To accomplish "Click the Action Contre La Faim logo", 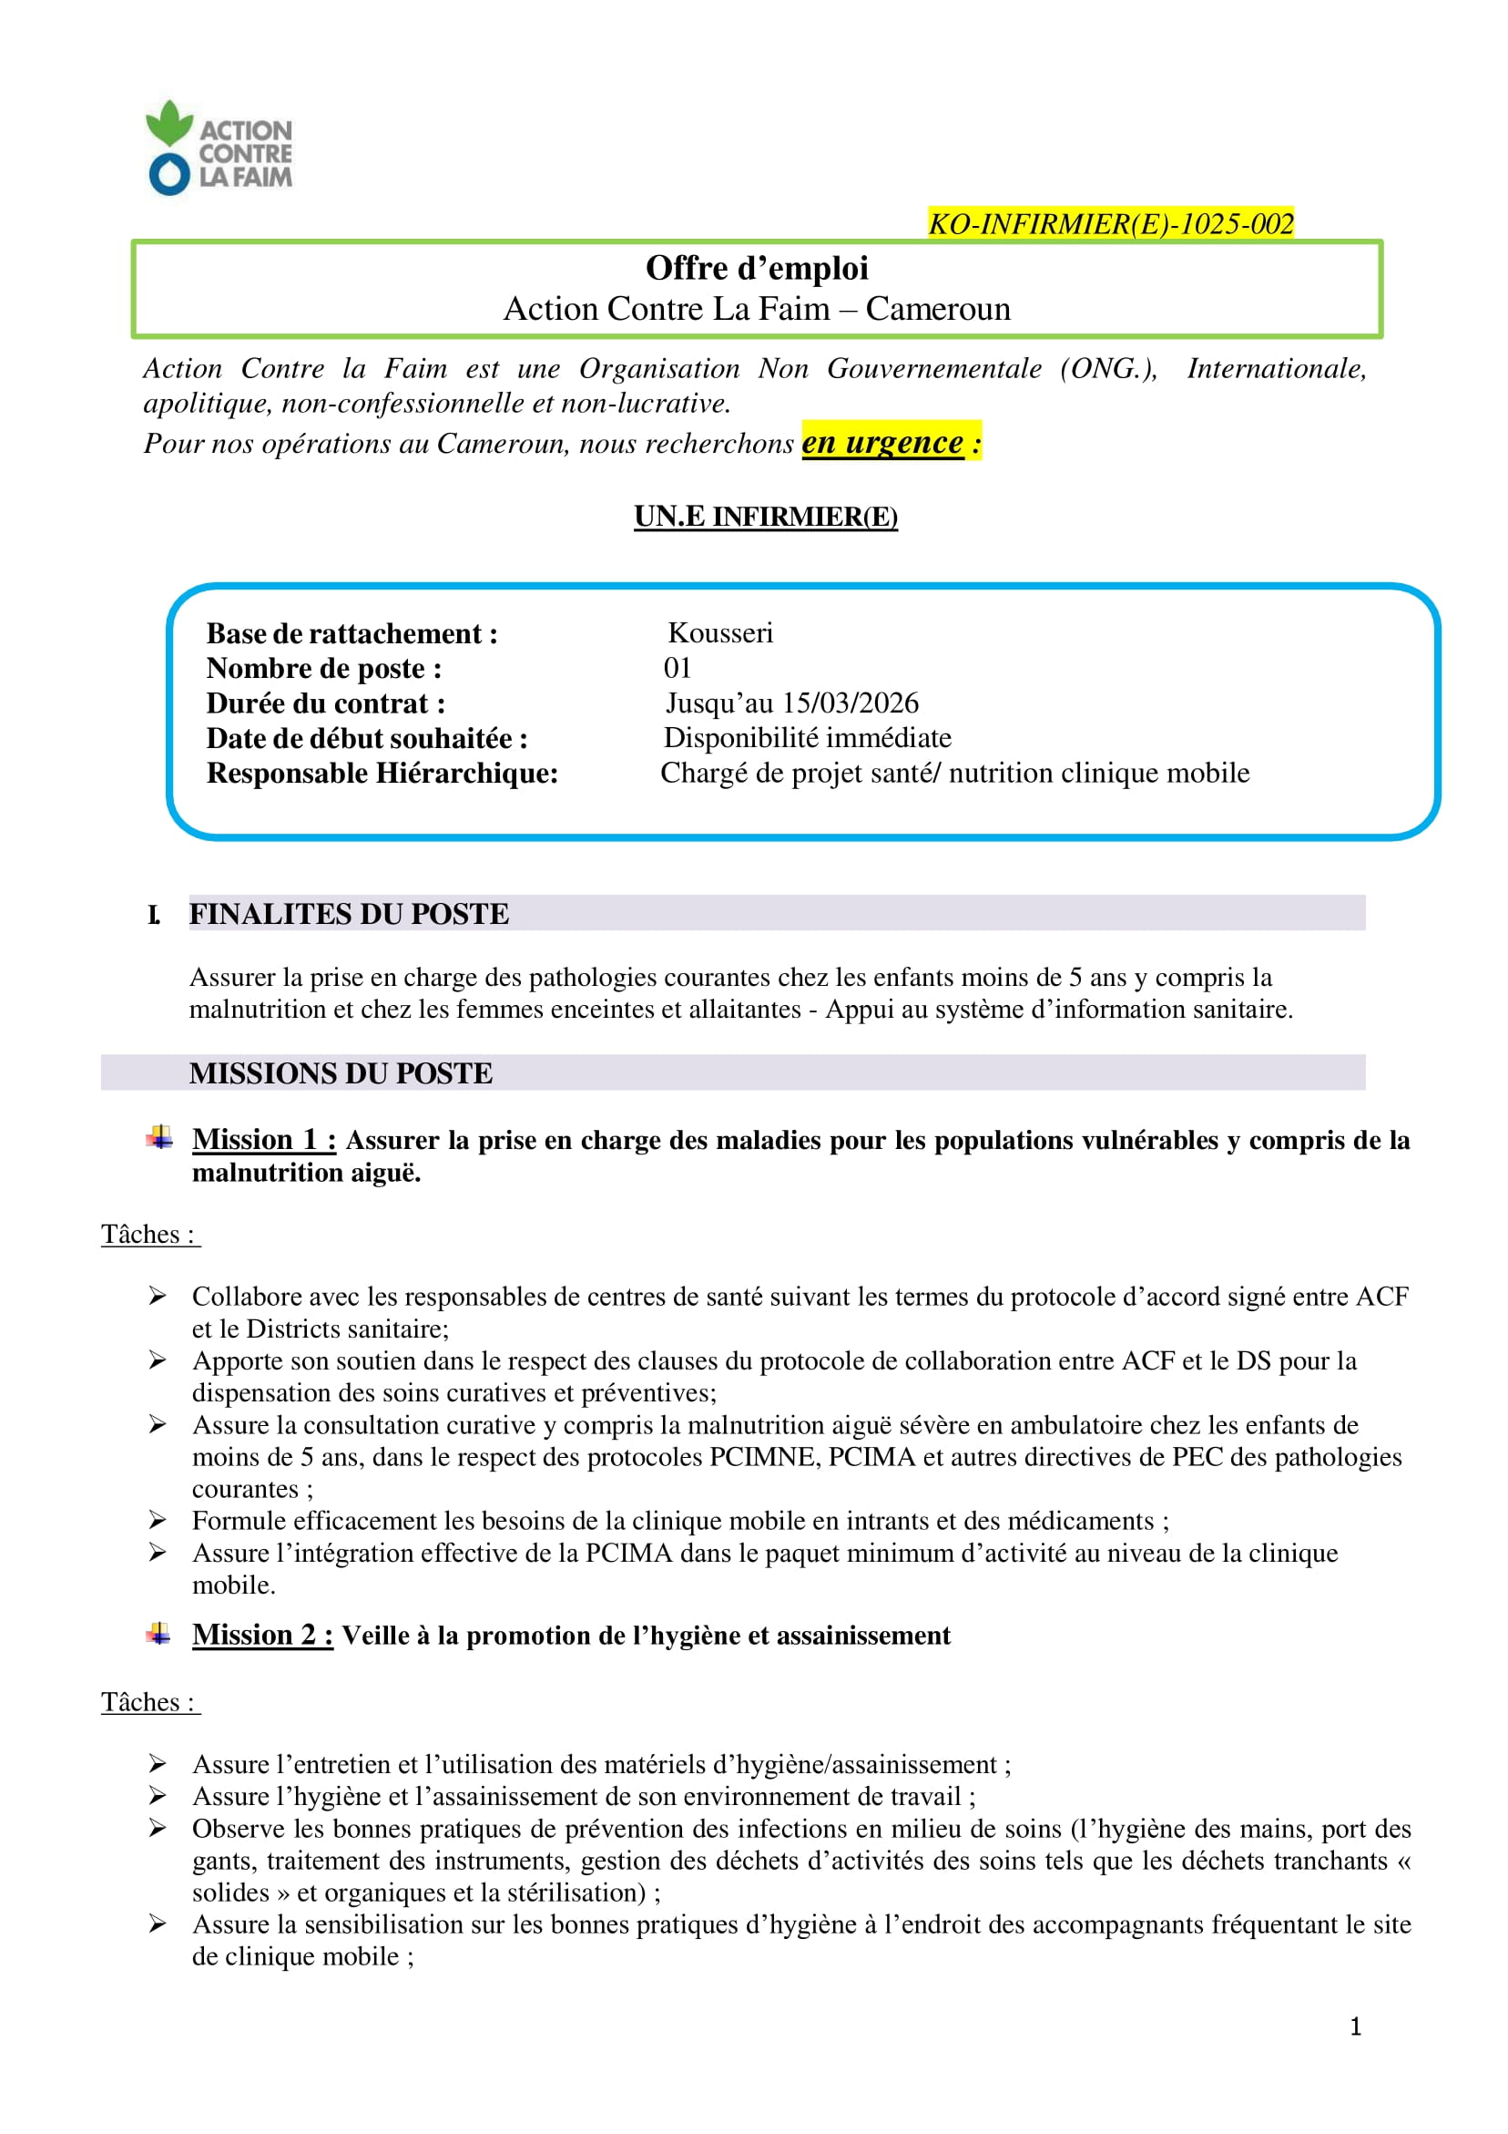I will click(x=219, y=149).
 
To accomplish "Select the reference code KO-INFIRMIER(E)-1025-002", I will click(x=1110, y=224).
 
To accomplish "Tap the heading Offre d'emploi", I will click(x=757, y=269).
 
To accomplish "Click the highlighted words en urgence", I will click(x=881, y=443).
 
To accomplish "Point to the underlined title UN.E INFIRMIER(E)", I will click(x=766, y=516).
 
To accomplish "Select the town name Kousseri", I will click(x=720, y=633).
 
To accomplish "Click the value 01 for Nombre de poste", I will click(x=678, y=667).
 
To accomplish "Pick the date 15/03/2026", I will click(x=850, y=703).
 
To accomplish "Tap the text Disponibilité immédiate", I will click(x=807, y=738).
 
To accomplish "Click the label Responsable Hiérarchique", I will click(x=382, y=774).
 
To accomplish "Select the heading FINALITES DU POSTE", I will click(x=349, y=914).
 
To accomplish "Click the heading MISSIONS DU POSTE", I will click(x=341, y=1073).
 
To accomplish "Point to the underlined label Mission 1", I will click(x=263, y=1140).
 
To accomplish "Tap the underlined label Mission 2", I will click(x=262, y=1635).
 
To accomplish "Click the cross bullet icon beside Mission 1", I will click(x=159, y=1138).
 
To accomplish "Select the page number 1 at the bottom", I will click(x=1356, y=2026).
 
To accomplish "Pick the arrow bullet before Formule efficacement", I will click(x=158, y=1521).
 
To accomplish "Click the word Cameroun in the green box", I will click(x=938, y=309).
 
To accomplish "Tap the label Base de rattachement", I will click(x=352, y=634).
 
